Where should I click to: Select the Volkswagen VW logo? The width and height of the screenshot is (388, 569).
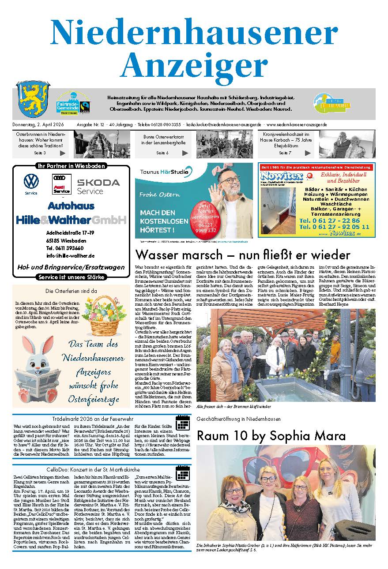click(31, 181)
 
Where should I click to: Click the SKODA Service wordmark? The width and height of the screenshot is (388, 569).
click(98, 186)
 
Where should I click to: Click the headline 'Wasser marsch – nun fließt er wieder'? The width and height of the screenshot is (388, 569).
click(242, 255)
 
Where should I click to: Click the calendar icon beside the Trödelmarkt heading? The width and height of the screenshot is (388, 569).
click(182, 423)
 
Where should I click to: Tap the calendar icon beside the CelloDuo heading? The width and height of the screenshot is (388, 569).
click(182, 473)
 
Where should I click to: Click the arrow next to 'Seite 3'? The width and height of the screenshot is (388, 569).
click(63, 153)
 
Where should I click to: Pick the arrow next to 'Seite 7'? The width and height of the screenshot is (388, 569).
click(308, 153)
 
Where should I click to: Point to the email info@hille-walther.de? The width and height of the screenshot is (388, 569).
click(70, 256)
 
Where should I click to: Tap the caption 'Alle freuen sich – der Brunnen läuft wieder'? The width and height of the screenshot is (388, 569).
click(234, 406)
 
